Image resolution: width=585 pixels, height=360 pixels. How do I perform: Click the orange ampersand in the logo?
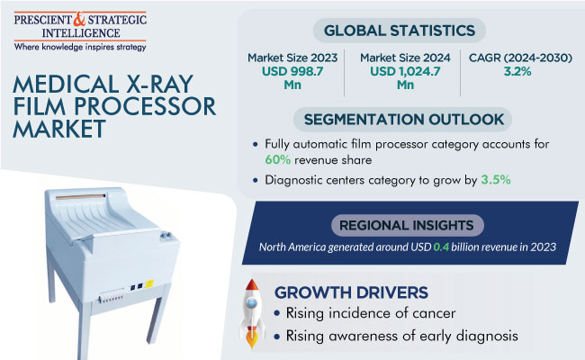pos(79,20)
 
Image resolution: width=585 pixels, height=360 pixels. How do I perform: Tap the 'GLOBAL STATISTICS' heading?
pos(400,31)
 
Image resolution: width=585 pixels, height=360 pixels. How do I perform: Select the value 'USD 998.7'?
pos(292,71)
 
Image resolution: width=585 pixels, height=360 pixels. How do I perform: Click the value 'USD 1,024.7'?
pos(405,71)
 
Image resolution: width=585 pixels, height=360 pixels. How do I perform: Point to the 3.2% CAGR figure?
pos(517,71)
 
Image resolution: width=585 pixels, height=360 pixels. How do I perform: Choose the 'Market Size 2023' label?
pos(292,58)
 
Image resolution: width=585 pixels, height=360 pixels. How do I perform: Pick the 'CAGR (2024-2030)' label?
pos(520,58)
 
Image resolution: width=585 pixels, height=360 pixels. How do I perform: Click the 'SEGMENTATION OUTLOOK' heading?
pos(404,120)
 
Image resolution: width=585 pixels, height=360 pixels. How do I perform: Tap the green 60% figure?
pos(277,160)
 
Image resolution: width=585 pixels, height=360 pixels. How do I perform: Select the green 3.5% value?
pos(496,180)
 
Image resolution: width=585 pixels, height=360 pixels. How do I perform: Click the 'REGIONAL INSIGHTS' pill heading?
pos(408,225)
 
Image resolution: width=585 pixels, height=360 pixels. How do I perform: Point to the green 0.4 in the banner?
pos(441,247)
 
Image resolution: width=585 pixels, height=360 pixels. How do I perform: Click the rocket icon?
pos(252,314)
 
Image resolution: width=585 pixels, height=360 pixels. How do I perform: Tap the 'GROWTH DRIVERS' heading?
pos(351,292)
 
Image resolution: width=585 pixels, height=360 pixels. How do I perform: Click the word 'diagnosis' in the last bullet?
pos(487,336)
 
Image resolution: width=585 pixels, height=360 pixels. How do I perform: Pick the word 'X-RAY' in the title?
pos(159,84)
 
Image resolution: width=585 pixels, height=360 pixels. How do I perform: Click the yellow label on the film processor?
pos(149,283)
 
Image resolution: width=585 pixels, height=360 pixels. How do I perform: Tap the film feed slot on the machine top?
pos(81,196)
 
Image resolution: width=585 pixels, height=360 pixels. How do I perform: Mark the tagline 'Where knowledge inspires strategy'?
pos(80,47)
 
